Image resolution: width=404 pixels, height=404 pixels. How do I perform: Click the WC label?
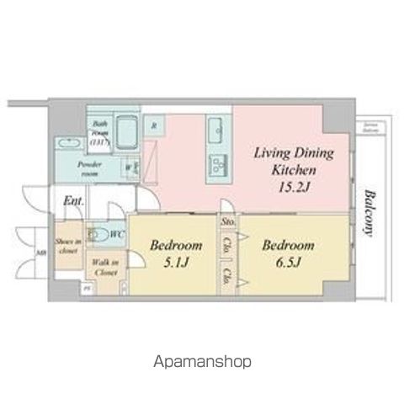click(119, 233)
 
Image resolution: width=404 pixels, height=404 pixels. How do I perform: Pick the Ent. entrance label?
click(72, 202)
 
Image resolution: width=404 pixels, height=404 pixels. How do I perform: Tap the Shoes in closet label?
click(66, 245)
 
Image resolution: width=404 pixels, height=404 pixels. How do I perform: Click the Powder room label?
click(88, 168)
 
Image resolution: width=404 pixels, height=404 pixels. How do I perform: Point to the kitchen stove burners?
click(215, 161)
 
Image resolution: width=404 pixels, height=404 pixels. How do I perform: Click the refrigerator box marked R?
click(155, 126)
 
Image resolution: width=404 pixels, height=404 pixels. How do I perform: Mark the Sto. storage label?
click(227, 223)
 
